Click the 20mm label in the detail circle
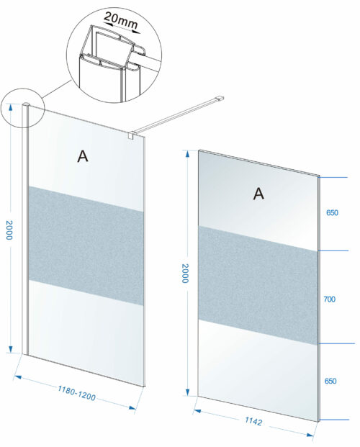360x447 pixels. (121, 20)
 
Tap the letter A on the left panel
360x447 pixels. (83, 156)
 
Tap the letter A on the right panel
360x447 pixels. (258, 194)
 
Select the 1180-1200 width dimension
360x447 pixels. (76, 393)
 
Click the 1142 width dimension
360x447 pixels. (253, 421)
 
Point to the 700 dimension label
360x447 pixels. (329, 299)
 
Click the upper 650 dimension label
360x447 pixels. (332, 212)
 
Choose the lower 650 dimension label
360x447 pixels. (330, 381)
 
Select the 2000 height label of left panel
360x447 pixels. (9, 230)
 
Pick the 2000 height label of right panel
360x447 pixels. (186, 273)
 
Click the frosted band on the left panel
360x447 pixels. (86, 245)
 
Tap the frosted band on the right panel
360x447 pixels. (258, 285)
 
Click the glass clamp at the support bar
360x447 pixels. (132, 135)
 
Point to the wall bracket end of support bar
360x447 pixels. (220, 98)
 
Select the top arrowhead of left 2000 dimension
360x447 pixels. (11, 107)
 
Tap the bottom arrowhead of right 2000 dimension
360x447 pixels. (187, 392)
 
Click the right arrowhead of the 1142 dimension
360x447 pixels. (310, 435)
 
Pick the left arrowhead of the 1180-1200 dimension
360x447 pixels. (18, 377)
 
